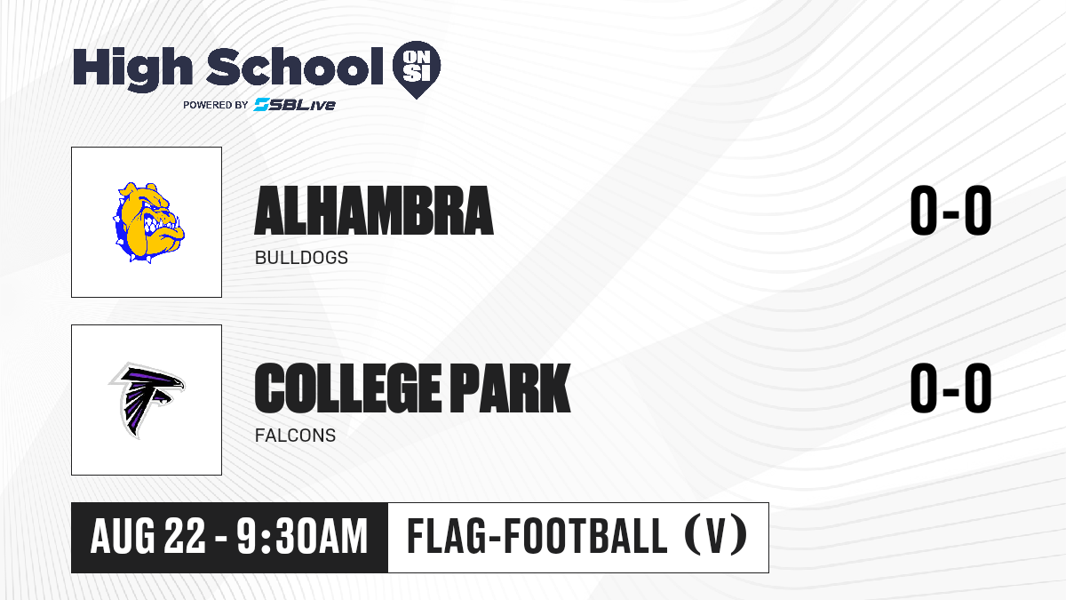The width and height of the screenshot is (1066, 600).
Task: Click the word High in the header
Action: (x=132, y=69)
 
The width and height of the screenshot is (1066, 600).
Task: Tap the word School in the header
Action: (x=295, y=67)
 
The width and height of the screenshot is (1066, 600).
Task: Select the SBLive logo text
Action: (x=295, y=104)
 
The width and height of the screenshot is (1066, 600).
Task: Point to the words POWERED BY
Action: (x=216, y=105)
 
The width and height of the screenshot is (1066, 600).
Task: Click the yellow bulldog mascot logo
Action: (x=148, y=222)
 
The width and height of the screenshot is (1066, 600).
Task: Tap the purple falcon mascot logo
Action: (x=147, y=400)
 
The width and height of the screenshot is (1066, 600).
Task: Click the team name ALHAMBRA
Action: (x=374, y=211)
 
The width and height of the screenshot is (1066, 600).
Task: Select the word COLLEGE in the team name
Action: (x=348, y=388)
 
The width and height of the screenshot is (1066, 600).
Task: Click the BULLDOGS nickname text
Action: (x=301, y=258)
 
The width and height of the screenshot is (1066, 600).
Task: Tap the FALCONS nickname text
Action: (x=295, y=436)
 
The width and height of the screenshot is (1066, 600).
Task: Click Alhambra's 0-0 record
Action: (x=951, y=211)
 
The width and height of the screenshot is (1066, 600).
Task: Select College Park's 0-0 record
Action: (x=951, y=388)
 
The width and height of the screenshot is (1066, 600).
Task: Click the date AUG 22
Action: (x=148, y=537)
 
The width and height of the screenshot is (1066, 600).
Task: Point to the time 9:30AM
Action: (x=302, y=537)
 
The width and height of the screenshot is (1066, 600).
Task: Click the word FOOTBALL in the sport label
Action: (x=585, y=536)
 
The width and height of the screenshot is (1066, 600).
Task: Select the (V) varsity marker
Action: (x=716, y=536)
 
